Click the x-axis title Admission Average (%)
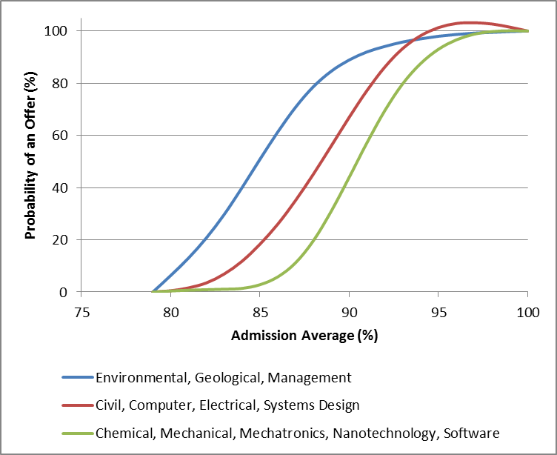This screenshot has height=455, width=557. point(304,336)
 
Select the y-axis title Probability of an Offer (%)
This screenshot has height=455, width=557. point(30,162)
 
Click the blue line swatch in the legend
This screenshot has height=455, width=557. point(78,378)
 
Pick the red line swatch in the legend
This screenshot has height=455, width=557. point(78,405)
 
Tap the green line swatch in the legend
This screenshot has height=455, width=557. point(78,433)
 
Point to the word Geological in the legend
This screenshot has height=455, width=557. point(229,378)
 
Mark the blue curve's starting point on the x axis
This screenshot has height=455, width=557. point(153,291)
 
